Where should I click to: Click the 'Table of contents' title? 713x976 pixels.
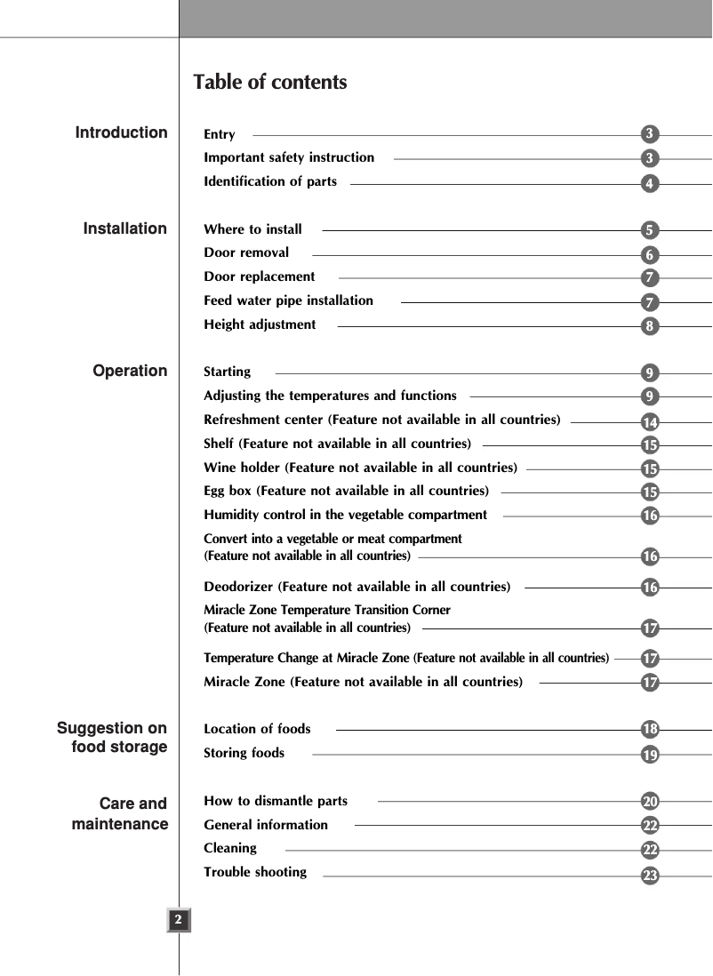tap(270, 83)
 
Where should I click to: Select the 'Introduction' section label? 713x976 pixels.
tap(121, 132)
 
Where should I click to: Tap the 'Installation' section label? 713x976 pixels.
tap(124, 228)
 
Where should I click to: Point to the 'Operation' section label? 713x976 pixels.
tap(130, 371)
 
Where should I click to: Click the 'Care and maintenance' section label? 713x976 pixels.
tap(121, 813)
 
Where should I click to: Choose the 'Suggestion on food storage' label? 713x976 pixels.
tap(113, 738)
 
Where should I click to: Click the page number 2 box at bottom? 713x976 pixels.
tap(179, 919)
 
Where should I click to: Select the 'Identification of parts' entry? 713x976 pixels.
tap(270, 181)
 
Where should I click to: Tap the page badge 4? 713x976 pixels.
tap(651, 184)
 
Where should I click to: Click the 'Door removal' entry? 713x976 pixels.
tap(246, 252)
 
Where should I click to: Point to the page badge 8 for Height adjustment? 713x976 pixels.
tap(651, 326)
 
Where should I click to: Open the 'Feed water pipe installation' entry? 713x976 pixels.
tap(288, 300)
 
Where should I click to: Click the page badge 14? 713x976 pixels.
tap(651, 421)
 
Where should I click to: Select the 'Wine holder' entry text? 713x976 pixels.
tap(360, 468)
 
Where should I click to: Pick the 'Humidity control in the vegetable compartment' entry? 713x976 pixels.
tap(345, 515)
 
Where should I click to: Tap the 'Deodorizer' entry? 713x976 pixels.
tap(356, 587)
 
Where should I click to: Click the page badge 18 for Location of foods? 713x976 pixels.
tap(651, 730)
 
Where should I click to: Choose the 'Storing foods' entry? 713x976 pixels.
tap(244, 753)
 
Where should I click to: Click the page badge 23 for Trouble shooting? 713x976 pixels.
tap(651, 876)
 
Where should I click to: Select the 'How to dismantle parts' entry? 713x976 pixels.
tap(276, 801)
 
